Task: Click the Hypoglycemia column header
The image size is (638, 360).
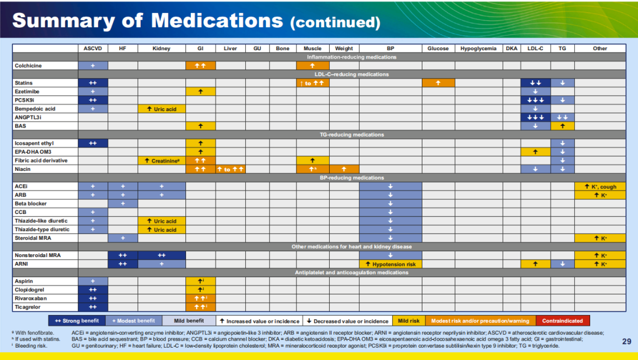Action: pos(479,48)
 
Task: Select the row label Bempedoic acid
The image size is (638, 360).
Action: pos(35,109)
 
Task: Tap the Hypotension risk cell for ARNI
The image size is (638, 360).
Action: pos(390,264)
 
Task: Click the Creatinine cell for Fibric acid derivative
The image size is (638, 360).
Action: pos(161,161)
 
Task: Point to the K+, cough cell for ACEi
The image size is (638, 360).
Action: pos(600,187)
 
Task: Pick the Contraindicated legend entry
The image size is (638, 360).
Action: pos(562,321)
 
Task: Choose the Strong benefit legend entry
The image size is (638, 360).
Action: pos(76,321)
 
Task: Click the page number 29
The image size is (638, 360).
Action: pos(627,341)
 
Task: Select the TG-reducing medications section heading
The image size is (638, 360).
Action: pos(351,135)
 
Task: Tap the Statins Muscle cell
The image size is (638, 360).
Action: pos(313,83)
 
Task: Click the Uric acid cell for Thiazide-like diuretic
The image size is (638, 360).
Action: pos(161,221)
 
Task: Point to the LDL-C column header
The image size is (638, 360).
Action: pos(535,48)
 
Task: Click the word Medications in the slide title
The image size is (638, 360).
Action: pos(217,21)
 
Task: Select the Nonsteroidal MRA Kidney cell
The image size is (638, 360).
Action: pos(161,255)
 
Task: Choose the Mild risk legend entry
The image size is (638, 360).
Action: pos(408,321)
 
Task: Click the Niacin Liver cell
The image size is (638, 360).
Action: pos(230,170)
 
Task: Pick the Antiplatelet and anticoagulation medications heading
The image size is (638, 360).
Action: pos(351,273)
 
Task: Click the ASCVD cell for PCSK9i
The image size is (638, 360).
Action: pos(93,100)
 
